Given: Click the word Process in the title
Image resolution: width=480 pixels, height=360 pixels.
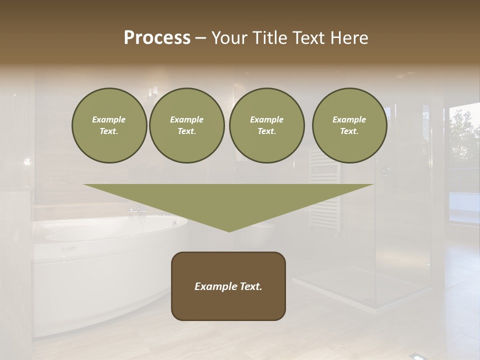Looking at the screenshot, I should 157,38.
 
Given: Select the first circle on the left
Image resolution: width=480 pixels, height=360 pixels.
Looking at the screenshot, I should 109,125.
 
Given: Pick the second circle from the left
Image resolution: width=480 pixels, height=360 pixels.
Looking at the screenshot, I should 186,125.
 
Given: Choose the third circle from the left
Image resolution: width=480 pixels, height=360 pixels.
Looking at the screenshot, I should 266,125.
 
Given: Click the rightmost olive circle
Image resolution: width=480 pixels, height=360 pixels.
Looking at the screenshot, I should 349,125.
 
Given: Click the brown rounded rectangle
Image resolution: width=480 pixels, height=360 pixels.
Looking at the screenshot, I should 228,302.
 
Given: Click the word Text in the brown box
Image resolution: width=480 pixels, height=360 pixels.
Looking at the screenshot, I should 250,286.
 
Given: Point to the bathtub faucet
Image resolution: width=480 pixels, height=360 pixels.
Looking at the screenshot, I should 137,210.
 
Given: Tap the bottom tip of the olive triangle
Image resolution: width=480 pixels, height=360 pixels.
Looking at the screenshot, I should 229,230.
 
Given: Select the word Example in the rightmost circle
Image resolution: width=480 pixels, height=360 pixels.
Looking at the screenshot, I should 349,119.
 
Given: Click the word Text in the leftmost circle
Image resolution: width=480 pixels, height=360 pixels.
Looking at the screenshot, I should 108,131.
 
